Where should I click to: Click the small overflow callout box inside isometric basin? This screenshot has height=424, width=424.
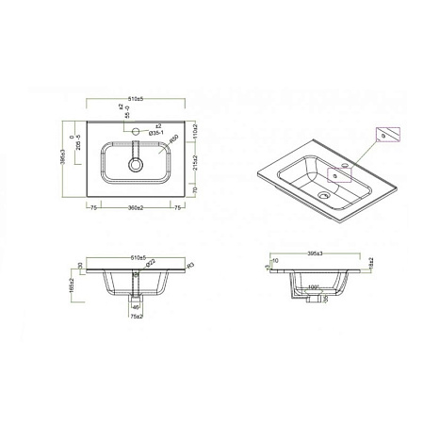(336, 175)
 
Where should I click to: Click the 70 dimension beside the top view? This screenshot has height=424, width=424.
(194, 190)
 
